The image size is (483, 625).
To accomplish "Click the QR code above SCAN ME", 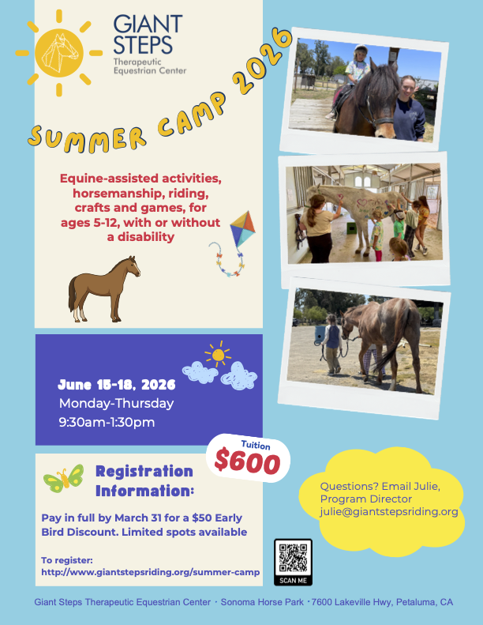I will click(293, 559).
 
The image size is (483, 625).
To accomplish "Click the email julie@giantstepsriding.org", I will click(389, 511).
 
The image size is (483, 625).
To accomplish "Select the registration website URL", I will click(151, 572).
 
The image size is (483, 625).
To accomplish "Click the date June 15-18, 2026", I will click(116, 386).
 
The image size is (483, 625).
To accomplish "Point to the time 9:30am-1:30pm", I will click(107, 422).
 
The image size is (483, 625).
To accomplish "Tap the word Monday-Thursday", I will click(116, 404).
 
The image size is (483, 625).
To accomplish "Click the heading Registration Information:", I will click(144, 481).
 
